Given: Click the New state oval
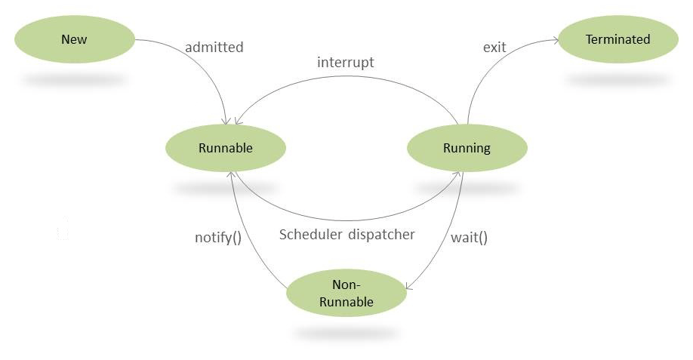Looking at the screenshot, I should tap(74, 39).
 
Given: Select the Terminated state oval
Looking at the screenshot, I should tap(618, 39).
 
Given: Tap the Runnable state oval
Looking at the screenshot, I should tap(225, 148).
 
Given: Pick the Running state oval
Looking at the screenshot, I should tap(467, 148).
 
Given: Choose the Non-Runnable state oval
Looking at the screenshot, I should tap(346, 294).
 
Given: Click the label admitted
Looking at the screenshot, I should tap(214, 47).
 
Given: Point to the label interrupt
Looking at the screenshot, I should tap(345, 62).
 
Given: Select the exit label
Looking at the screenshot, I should tap(494, 47).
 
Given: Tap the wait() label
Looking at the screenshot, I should tap(469, 237).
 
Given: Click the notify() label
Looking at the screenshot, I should tap(217, 238).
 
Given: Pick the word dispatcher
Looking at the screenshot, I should tap(382, 234).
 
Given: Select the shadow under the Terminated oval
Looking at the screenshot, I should tap(618, 79).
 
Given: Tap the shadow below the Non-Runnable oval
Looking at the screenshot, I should tap(346, 333).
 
